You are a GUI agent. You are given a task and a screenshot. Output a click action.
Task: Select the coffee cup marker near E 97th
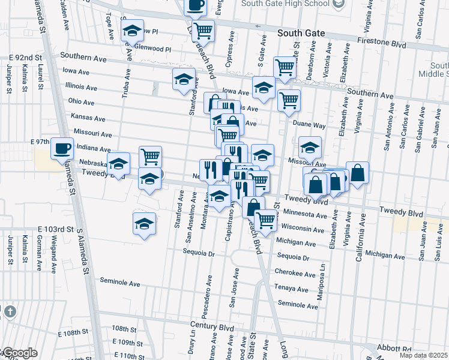62,148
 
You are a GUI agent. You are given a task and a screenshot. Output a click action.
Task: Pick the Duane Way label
309,125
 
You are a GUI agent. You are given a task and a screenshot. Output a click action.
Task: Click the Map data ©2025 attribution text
423,355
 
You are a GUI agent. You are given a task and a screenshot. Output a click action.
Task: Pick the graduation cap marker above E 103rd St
144,224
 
